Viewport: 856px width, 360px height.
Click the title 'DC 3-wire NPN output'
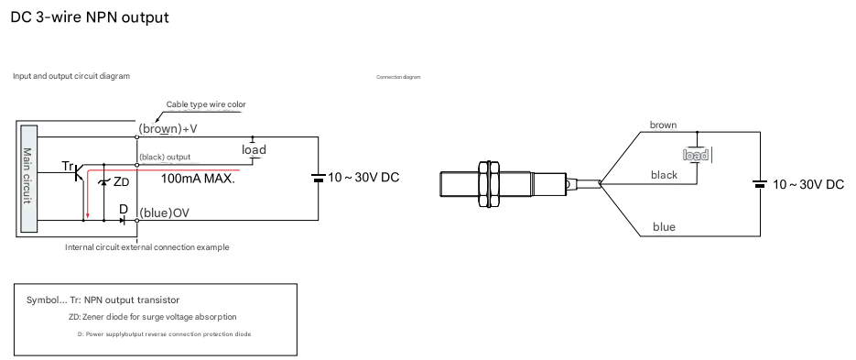tap(90, 17)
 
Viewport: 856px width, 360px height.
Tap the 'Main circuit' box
tap(28, 179)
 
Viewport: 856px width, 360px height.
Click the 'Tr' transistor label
tap(68, 166)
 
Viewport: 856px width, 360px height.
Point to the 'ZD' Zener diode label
tap(121, 182)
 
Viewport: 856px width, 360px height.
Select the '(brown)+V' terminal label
tap(168, 129)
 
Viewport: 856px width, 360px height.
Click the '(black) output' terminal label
tap(165, 157)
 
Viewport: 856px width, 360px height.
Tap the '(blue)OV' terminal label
tap(164, 213)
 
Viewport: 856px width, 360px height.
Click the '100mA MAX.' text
tap(198, 178)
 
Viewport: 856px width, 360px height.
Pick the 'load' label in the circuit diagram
tap(254, 149)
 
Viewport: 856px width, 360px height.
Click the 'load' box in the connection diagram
tap(697, 155)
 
